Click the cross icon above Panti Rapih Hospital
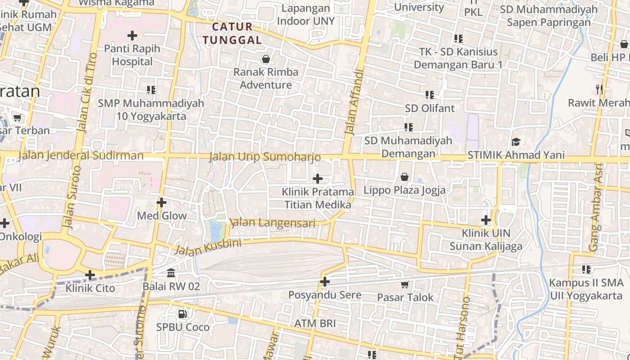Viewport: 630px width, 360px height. pyautogui.click(x=132, y=35)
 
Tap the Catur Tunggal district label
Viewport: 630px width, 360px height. pyautogui.click(x=232, y=33)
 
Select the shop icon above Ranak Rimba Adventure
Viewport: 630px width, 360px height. pyautogui.click(x=266, y=59)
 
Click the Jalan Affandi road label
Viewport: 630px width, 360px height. pyautogui.click(x=354, y=102)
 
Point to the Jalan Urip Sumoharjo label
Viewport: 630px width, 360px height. pyautogui.click(x=265, y=157)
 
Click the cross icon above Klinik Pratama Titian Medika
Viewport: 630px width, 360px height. pyautogui.click(x=318, y=179)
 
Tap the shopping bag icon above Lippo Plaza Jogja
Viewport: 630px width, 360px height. pyautogui.click(x=405, y=177)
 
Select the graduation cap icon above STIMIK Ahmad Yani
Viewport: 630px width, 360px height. pyautogui.click(x=516, y=142)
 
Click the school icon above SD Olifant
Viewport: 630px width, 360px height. pyautogui.click(x=430, y=95)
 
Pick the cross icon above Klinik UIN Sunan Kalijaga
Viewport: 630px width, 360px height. pyautogui.click(x=486, y=220)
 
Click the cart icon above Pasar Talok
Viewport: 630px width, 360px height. pyautogui.click(x=405, y=284)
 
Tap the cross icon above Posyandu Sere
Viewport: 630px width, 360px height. pyautogui.click(x=325, y=282)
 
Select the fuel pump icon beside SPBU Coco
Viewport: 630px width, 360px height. pyautogui.click(x=183, y=314)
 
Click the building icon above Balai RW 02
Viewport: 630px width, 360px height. pyautogui.click(x=171, y=273)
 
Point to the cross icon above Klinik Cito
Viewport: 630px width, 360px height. pyautogui.click(x=90, y=275)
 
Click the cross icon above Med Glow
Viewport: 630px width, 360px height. pyautogui.click(x=162, y=202)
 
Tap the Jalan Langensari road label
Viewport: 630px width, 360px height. pyautogui.click(x=266, y=222)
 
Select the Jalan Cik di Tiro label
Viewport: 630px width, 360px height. pyautogui.click(x=87, y=93)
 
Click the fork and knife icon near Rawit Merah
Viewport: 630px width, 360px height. pyautogui.click(x=599, y=89)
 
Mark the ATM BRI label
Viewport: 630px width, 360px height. pyautogui.click(x=315, y=324)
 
